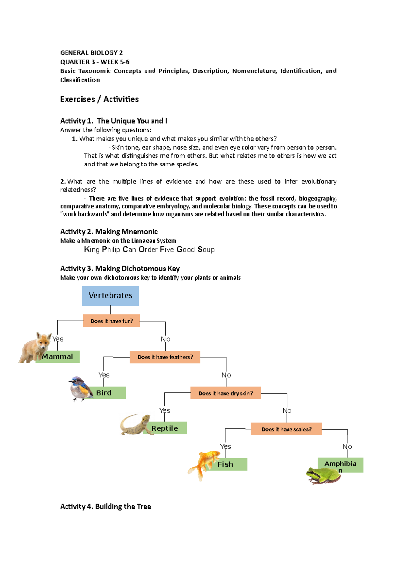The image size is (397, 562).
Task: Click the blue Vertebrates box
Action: coord(110,296)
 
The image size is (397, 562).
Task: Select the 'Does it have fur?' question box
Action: coord(111,321)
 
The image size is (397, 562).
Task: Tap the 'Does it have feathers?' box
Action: coord(165,357)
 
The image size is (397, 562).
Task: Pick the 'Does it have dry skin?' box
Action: coord(225,393)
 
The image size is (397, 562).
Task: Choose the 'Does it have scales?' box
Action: coord(286,429)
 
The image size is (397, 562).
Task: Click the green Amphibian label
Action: coord(340,464)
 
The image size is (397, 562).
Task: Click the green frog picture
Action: coord(322,476)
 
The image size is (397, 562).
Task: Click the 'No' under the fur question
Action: coord(165,339)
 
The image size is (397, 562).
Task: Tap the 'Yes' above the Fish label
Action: coord(225,446)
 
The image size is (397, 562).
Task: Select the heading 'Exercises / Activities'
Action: coord(99,99)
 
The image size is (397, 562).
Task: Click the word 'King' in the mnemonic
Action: coord(92,249)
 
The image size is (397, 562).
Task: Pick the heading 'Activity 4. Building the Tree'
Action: coord(105,506)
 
